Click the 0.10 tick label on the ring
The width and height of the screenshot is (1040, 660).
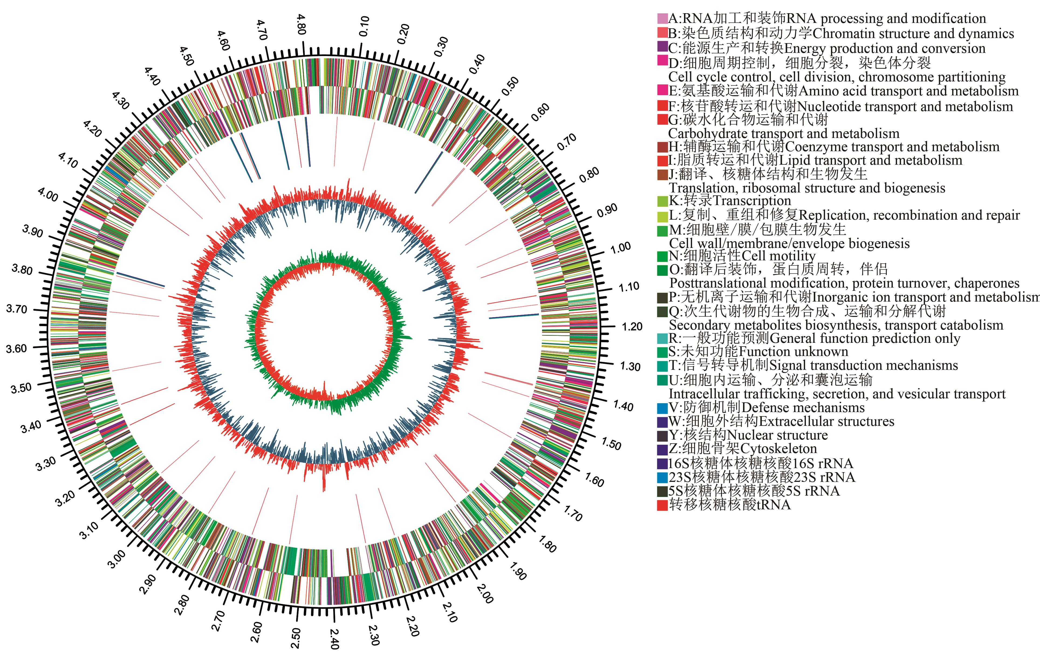coord(364,26)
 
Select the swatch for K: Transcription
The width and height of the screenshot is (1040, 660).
coord(662,201)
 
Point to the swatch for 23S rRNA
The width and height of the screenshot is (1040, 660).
coord(662,477)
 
